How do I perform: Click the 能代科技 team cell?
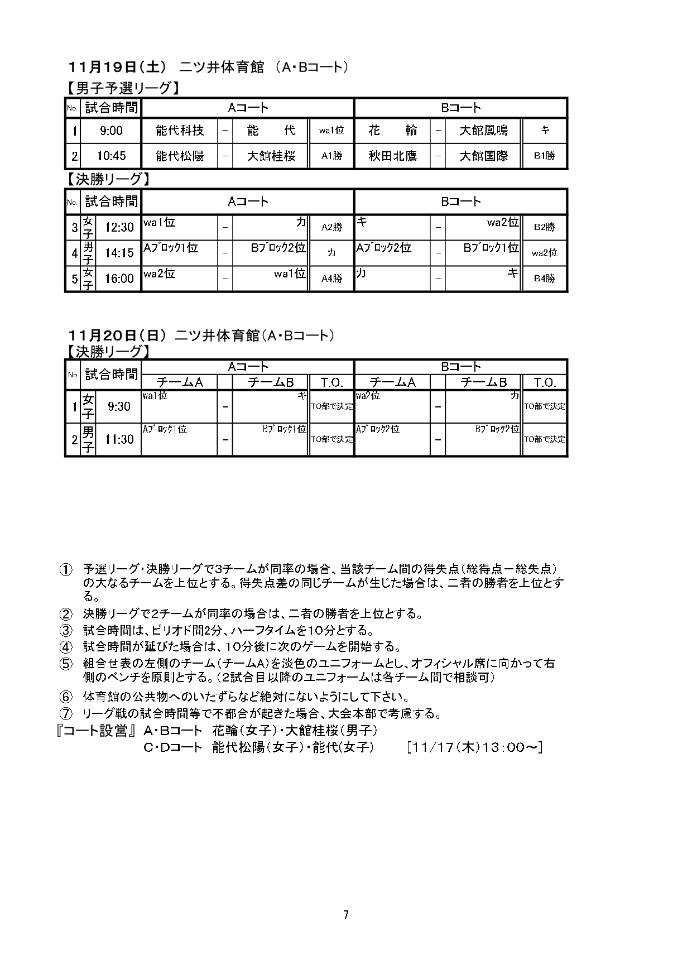point(180,131)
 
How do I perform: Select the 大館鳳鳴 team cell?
point(483,131)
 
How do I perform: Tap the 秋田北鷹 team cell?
point(392,156)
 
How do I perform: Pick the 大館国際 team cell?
point(483,156)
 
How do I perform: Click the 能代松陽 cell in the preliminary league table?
point(180,156)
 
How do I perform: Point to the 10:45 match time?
point(111,156)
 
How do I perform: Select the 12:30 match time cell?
point(119,227)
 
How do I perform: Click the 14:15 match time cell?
point(119,253)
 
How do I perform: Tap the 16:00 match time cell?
point(119,279)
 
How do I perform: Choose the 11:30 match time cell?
point(119,439)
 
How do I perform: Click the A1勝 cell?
point(331,156)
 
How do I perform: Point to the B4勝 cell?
point(544,279)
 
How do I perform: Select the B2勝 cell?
point(544,227)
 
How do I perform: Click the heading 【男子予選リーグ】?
point(123,88)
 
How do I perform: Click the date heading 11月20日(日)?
point(117,335)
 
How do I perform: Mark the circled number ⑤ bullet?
point(66,664)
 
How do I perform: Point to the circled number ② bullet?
point(66,614)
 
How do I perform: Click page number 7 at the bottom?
point(346,915)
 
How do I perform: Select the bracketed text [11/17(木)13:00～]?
point(475,747)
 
